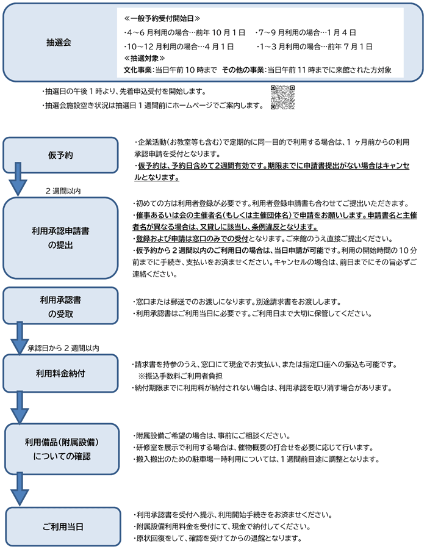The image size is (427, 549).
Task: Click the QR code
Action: (282, 97)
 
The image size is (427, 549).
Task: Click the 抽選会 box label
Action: (59, 43)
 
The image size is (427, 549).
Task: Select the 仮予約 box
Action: (60, 155)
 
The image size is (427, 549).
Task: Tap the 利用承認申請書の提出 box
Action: (60, 238)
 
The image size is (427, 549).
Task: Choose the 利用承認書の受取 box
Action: (60, 306)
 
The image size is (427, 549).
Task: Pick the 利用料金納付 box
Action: (60, 373)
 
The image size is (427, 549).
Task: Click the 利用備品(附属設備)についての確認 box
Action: (62, 449)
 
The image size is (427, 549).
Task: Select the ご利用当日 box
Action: (63, 526)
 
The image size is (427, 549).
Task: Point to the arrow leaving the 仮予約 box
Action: (18, 179)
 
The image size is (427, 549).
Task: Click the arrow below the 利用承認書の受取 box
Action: (20, 338)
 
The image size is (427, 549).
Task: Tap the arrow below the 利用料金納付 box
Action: (20, 407)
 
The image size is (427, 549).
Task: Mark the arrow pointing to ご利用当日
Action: (20, 489)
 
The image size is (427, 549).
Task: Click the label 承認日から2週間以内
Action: (63, 348)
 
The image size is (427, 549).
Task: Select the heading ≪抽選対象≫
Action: (144, 58)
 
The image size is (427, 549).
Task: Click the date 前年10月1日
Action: (220, 32)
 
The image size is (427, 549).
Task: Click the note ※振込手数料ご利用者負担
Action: (181, 376)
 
